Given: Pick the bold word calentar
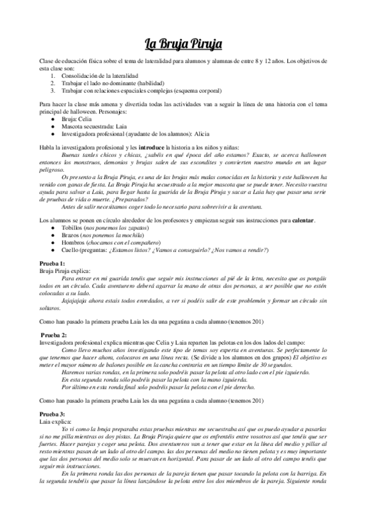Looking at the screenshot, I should pos(314,221).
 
